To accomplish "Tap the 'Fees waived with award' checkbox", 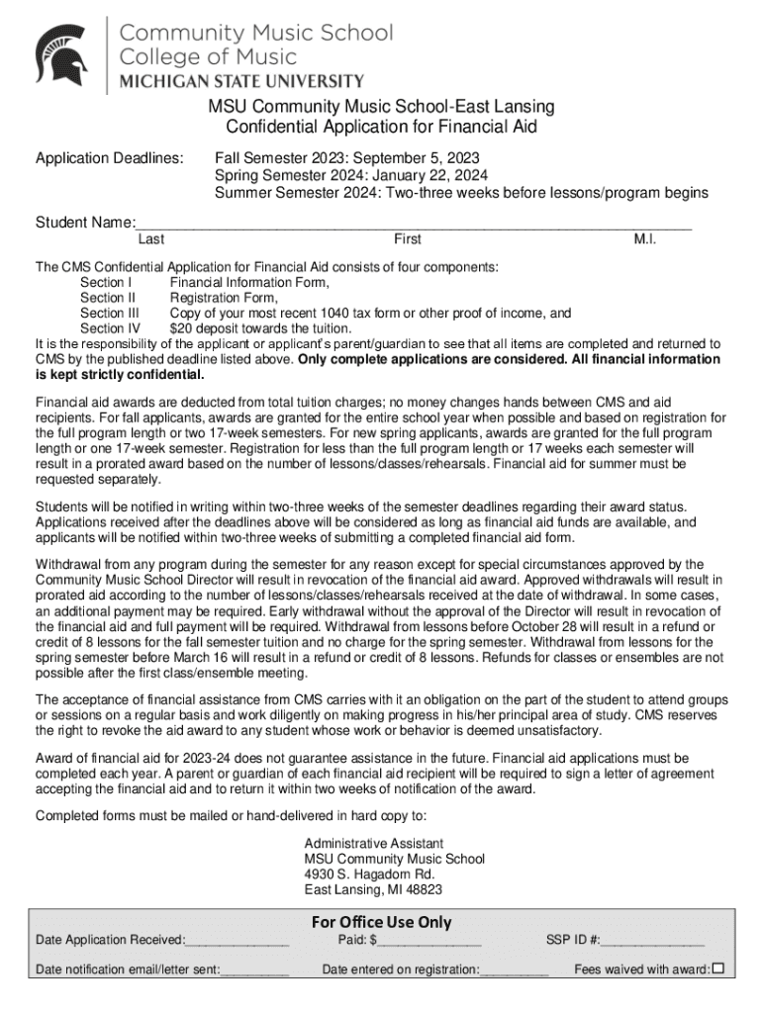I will (x=718, y=967).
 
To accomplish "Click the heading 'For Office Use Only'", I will (x=381, y=922).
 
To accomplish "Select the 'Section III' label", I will (x=109, y=313).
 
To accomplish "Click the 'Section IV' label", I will (x=110, y=328).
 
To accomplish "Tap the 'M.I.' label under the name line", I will (x=645, y=239).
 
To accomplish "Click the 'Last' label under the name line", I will (x=151, y=239).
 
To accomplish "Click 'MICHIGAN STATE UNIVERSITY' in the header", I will (x=241, y=80).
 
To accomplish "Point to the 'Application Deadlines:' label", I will (x=110, y=157).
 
